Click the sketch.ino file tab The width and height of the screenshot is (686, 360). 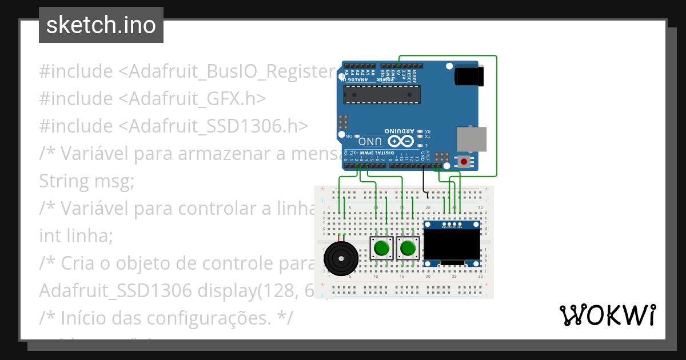click(x=101, y=25)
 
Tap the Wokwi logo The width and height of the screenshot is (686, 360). click(x=607, y=315)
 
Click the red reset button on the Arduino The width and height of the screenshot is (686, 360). click(x=462, y=162)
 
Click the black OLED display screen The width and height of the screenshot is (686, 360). click(x=452, y=245)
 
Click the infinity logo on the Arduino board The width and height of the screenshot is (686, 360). click(x=400, y=141)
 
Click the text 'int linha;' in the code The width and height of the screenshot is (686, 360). click(x=76, y=235)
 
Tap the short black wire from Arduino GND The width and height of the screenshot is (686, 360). click(x=424, y=180)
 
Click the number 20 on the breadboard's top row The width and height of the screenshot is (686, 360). click(x=428, y=207)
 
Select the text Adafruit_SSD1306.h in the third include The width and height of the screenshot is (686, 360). click(x=218, y=126)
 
